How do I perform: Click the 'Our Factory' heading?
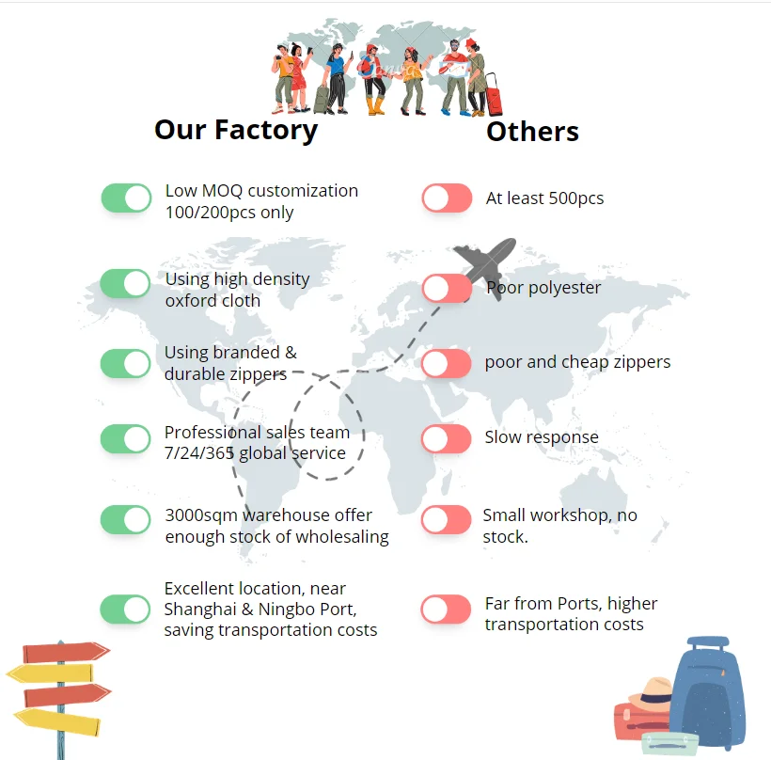pyautogui.click(x=236, y=129)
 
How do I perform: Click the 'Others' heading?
pyautogui.click(x=532, y=132)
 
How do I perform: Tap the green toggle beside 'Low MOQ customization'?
pyautogui.click(x=126, y=198)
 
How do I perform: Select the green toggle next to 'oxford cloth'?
pyautogui.click(x=126, y=283)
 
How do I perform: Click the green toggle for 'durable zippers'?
pyautogui.click(x=126, y=363)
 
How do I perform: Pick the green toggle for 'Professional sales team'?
pyautogui.click(x=126, y=438)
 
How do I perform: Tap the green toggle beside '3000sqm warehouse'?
pyautogui.click(x=126, y=519)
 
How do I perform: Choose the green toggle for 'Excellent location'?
pyautogui.click(x=126, y=609)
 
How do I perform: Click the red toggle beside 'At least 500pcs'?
pyautogui.click(x=447, y=198)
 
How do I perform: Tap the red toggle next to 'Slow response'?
pyautogui.click(x=447, y=438)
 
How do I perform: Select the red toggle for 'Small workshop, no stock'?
pyautogui.click(x=447, y=519)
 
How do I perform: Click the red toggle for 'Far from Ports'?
pyautogui.click(x=447, y=609)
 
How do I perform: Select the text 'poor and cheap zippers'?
pyautogui.click(x=577, y=362)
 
